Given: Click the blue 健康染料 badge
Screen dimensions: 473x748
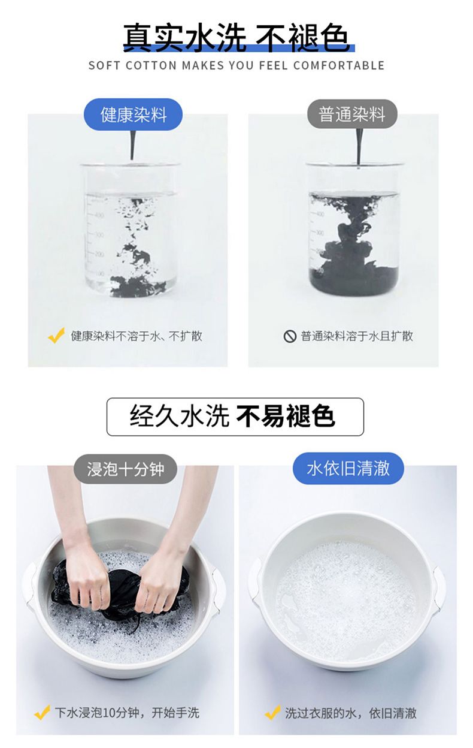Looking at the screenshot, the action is (133, 114).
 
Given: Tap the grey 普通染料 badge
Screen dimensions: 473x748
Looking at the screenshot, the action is (352, 114).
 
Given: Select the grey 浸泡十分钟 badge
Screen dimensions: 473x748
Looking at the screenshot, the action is (125, 469).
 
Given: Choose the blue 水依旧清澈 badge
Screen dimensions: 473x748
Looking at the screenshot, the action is (348, 468).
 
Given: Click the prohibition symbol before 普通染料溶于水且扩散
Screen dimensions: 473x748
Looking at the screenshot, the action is (290, 336).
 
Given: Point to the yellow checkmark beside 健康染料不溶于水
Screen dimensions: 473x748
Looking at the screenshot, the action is (56, 336).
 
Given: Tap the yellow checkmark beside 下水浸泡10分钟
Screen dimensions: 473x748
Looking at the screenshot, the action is (42, 712).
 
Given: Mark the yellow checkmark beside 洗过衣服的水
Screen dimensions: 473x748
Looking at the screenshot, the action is (272, 712).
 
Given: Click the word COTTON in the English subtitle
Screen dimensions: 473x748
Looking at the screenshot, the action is (151, 65).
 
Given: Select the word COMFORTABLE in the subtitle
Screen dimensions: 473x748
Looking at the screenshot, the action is (339, 65).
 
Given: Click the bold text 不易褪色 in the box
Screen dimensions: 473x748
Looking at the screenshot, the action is (286, 417).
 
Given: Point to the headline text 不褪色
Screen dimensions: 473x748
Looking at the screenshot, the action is (302, 38).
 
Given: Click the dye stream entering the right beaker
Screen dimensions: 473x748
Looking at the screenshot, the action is (359, 147).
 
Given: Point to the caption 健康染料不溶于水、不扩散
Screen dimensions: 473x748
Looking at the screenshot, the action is (137, 336).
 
